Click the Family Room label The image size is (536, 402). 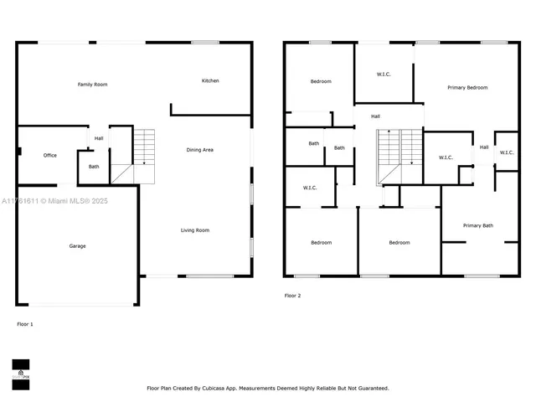point(92,85)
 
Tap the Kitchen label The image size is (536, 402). point(210,81)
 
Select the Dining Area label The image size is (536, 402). point(199,150)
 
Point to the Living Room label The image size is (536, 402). point(195,230)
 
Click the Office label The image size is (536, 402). point(50,156)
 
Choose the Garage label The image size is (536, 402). point(77,246)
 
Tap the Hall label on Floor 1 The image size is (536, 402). point(99,139)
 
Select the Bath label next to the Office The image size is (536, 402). point(94,167)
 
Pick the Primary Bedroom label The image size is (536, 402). point(466,88)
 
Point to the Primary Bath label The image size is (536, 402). point(478,226)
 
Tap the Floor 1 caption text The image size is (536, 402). point(25,323)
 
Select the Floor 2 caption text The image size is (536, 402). point(291,296)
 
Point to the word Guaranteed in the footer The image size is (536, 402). point(368,389)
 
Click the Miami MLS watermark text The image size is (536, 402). point(54,201)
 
